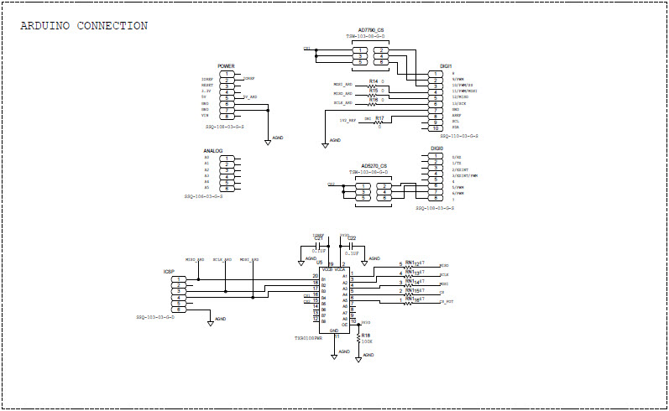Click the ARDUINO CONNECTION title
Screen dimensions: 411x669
click(x=84, y=26)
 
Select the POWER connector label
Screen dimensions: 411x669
click(x=226, y=65)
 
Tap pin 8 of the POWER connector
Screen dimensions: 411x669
click(x=226, y=117)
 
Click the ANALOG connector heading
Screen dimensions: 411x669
click(x=212, y=151)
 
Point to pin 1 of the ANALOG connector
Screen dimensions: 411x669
click(x=226, y=158)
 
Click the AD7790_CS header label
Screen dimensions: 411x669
click(x=370, y=30)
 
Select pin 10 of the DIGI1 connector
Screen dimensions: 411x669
click(x=437, y=128)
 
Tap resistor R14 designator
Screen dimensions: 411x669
click(x=373, y=81)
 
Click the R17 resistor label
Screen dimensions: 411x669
click(x=379, y=117)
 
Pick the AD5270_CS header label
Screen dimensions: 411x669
click(x=373, y=166)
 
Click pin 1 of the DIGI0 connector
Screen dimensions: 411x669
click(x=437, y=156)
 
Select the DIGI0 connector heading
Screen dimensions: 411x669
click(x=436, y=148)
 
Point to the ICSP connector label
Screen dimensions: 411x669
click(x=169, y=272)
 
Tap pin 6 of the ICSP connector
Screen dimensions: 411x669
click(x=179, y=310)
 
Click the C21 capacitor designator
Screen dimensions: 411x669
click(x=318, y=238)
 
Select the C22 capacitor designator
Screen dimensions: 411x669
click(x=352, y=238)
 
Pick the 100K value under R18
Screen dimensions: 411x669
click(x=367, y=341)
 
